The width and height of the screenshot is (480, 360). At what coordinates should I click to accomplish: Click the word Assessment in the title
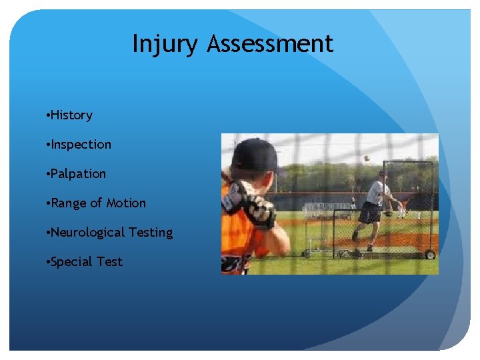[x=269, y=44]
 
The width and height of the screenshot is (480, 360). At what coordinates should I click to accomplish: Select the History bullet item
[x=71, y=115]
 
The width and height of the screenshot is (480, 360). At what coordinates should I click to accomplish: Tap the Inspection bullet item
[x=81, y=145]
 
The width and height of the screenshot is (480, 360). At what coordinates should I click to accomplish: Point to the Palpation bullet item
[x=78, y=174]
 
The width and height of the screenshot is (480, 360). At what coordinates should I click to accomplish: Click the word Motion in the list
[x=126, y=203]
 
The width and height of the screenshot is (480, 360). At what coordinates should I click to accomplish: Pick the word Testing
[x=151, y=233]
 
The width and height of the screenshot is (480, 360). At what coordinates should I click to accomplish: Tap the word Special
[x=72, y=262]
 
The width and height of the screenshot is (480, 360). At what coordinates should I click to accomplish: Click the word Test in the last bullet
[x=109, y=262]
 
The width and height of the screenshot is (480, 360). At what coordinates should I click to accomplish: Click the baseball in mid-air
[x=366, y=158]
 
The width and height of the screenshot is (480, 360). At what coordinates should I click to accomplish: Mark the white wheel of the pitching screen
[x=430, y=255]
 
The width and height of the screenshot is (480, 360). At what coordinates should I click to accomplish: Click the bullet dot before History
[x=48, y=116]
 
